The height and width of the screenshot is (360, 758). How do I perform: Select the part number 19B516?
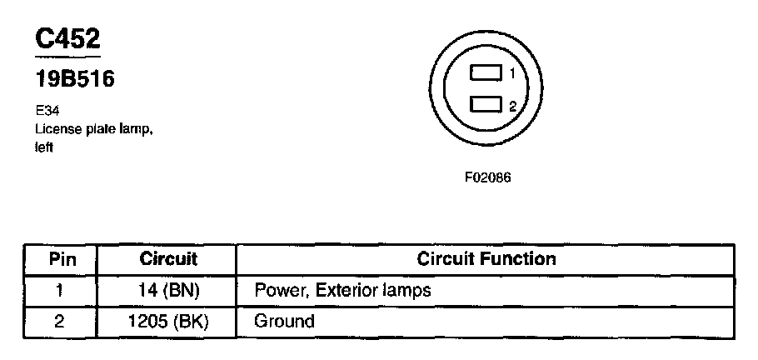tap(74, 80)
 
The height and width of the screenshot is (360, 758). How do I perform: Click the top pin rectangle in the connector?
tap(486, 73)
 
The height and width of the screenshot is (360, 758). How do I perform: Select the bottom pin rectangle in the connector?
tap(486, 104)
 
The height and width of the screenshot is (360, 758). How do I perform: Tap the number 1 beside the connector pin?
tap(512, 74)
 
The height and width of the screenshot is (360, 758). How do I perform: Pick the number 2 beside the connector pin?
tap(512, 106)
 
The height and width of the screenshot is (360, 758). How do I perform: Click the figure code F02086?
tap(487, 177)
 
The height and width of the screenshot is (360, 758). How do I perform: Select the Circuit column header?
tap(167, 259)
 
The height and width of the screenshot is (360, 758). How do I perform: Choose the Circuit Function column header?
tap(486, 259)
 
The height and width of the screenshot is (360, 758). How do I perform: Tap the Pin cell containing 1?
tap(59, 290)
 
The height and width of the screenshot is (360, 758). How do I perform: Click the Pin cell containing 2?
tap(59, 321)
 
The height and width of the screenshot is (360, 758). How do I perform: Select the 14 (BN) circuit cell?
tap(167, 290)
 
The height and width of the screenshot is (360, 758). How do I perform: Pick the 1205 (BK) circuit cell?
tap(167, 321)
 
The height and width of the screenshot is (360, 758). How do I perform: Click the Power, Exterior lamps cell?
tap(342, 290)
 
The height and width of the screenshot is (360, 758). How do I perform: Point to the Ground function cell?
tap(284, 321)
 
